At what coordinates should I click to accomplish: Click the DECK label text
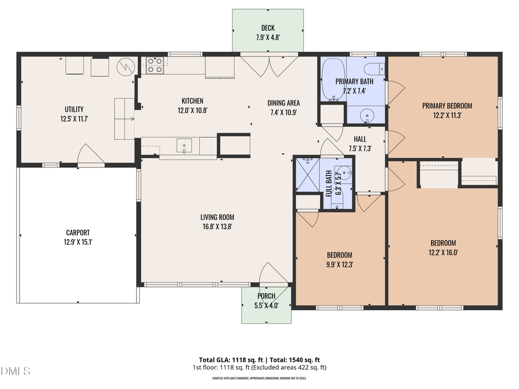click(268, 28)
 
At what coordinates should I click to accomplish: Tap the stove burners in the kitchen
click(154, 65)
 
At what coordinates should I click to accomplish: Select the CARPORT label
click(78, 233)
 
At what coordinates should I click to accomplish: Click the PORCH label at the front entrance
click(266, 296)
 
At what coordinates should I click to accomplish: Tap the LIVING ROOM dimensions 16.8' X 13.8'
click(217, 226)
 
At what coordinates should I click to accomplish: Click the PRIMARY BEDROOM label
click(447, 105)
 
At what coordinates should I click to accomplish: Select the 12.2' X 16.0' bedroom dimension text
click(443, 252)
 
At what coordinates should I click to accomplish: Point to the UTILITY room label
click(74, 109)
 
